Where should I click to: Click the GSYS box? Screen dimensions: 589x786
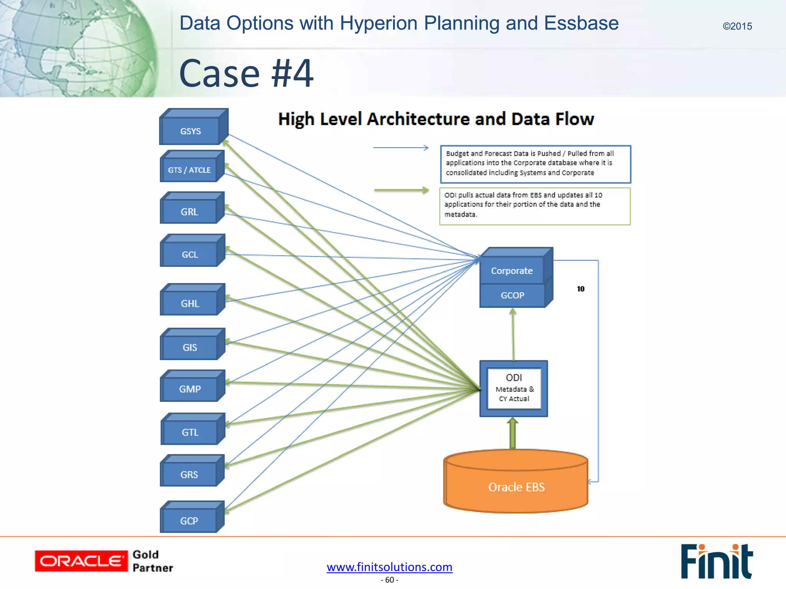point(190,131)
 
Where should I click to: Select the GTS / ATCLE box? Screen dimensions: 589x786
point(189,169)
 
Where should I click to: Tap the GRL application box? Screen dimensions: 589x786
point(190,211)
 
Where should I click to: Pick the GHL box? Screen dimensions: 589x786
point(190,303)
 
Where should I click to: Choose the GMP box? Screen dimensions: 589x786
point(190,389)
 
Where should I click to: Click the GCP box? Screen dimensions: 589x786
point(189,520)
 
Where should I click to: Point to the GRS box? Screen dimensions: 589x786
point(189,474)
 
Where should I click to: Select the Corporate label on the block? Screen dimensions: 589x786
point(512,271)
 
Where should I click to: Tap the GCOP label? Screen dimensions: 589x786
point(512,295)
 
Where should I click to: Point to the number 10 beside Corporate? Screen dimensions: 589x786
point(581,289)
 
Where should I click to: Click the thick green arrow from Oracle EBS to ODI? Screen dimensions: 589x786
point(512,434)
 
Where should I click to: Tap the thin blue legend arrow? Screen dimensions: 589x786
point(401,148)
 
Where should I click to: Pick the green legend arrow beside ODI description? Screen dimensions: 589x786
point(401,190)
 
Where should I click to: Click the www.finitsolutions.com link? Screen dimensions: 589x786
point(390,567)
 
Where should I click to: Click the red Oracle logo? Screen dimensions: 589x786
point(81,561)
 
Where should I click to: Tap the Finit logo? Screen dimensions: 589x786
point(716,561)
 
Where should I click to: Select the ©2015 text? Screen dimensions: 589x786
point(737,26)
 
